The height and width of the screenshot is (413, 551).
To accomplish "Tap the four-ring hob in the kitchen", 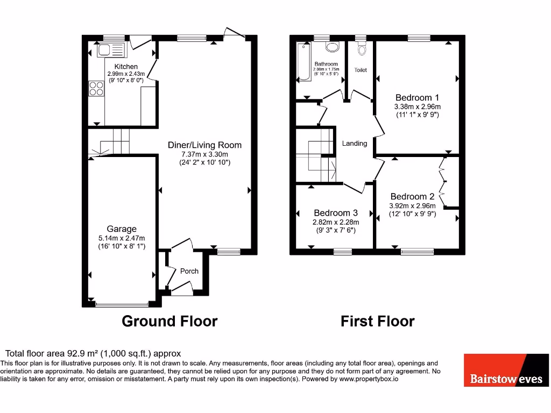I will [96, 88].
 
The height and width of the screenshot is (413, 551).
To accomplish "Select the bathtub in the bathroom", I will [304, 62].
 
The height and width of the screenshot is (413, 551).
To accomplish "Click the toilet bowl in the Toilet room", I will [361, 50].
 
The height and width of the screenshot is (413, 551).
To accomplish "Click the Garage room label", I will [121, 229].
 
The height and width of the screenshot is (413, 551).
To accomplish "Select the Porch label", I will [189, 271].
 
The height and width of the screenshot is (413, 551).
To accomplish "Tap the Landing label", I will [355, 143].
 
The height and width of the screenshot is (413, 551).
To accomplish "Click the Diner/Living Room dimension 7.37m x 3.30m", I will [204, 154].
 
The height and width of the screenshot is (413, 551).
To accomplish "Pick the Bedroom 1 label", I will [417, 97].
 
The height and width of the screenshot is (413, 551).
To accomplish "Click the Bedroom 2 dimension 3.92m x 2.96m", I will [412, 205].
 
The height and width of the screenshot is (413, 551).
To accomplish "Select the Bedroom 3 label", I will [336, 212].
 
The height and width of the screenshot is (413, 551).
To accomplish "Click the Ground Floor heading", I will [169, 321].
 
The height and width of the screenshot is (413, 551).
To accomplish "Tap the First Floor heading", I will [377, 321].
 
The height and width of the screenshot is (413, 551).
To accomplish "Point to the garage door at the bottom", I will [121, 305].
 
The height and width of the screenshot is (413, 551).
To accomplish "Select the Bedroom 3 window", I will [342, 251].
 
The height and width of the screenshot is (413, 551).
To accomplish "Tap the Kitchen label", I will [125, 67].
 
